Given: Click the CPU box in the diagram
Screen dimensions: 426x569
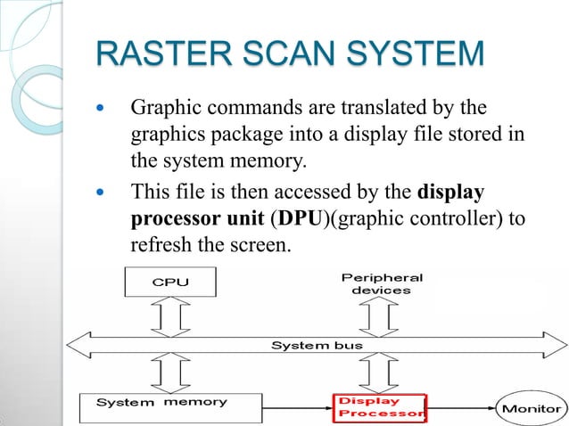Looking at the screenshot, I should (170, 283).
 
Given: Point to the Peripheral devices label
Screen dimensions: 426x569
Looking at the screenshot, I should (382, 283).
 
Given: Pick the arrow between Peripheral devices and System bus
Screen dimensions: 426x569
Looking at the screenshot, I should (381, 315).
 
